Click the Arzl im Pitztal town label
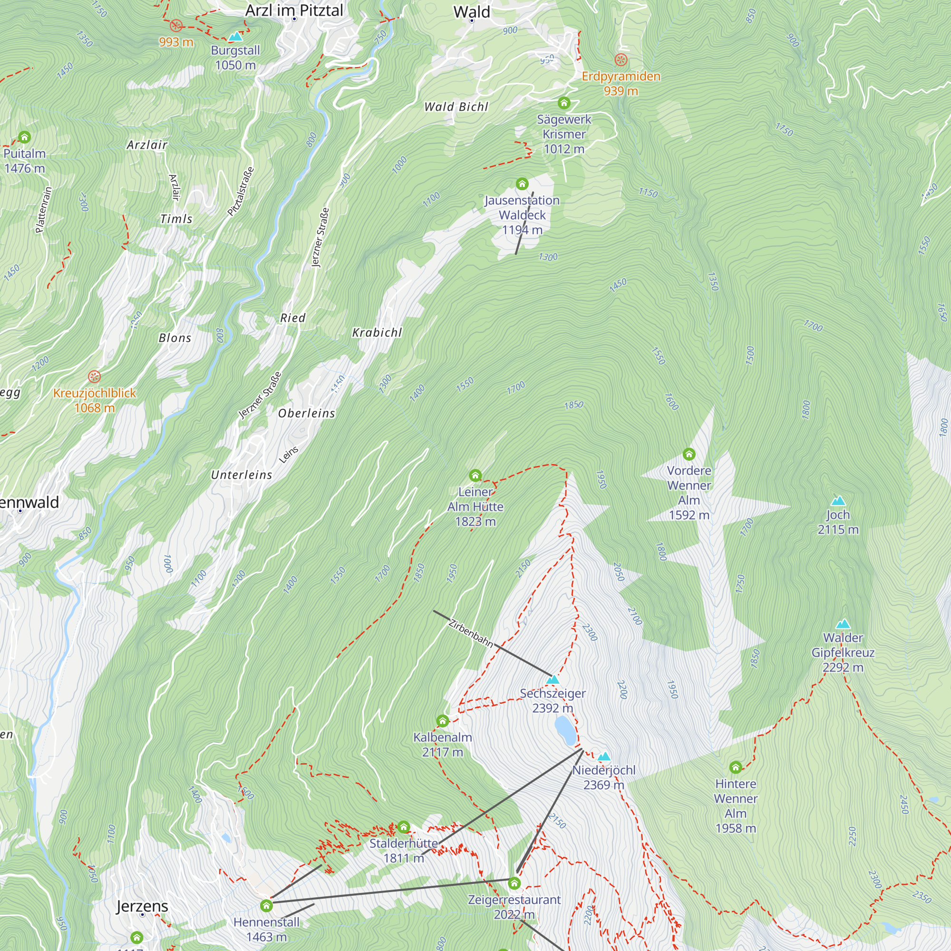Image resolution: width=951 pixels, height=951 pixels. point(294,10)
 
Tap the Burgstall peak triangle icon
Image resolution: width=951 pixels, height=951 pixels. point(235,37)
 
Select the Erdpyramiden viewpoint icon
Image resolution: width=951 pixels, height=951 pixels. point(621,60)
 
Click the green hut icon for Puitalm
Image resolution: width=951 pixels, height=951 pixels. point(24,137)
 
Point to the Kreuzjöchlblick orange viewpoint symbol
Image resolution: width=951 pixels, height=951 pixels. point(94,377)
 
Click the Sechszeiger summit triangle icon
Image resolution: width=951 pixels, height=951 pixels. point(553,680)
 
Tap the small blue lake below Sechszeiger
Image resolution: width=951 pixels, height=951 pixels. point(565,730)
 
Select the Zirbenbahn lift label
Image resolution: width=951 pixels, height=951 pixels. point(471,633)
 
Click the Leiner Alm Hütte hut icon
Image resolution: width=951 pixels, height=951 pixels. point(475,475)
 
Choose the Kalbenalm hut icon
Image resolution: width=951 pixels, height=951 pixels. point(443,721)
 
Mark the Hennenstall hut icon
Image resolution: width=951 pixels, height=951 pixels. point(266,906)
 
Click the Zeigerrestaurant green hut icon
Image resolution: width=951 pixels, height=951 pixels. point(514,883)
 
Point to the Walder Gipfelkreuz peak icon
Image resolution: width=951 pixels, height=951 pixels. point(843,624)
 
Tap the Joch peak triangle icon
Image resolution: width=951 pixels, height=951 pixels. point(838,501)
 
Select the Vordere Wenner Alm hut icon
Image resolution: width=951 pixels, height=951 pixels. point(689,454)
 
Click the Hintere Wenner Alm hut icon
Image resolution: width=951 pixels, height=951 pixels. point(736,767)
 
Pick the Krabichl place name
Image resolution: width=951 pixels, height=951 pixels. point(377,333)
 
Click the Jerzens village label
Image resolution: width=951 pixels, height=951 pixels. point(142,906)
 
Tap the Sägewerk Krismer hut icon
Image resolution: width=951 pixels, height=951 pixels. point(563,103)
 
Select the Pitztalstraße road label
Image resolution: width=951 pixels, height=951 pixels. point(241,192)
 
